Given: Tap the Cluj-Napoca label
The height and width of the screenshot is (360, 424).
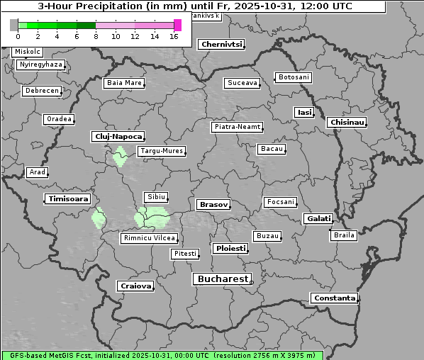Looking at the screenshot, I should (x=118, y=136).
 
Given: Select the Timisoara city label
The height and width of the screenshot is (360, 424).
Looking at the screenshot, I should (x=68, y=199).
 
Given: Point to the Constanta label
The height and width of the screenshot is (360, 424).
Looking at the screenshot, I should (x=334, y=298).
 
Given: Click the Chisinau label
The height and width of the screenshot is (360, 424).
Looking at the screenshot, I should (x=347, y=123).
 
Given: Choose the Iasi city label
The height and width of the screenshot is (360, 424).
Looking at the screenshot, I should (x=304, y=112).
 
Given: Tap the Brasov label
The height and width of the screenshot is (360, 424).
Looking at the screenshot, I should (x=213, y=204).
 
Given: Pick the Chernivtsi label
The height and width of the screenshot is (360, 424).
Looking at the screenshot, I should (x=222, y=44).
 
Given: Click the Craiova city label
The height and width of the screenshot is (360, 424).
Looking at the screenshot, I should (x=135, y=286).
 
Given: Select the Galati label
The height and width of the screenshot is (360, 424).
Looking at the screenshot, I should (x=318, y=219).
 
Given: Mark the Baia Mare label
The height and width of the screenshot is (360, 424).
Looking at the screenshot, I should (x=124, y=83).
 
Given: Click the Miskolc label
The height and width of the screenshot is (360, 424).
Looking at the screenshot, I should (x=28, y=52).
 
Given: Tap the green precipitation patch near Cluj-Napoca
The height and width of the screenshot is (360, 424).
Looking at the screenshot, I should (x=120, y=156).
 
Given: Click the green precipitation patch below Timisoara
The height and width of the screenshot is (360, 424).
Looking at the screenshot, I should (x=98, y=217).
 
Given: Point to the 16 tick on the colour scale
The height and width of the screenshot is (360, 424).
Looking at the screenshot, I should (x=174, y=36).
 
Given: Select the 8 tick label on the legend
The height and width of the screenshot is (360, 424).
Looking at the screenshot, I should (x=96, y=36).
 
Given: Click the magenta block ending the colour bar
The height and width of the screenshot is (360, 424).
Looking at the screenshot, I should (x=177, y=25).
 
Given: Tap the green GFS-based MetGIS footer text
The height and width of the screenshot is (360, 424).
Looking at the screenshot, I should (x=162, y=355).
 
